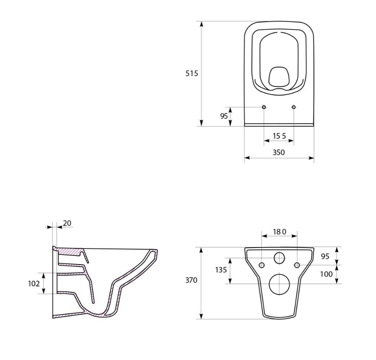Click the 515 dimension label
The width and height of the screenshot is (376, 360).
coord(192,73)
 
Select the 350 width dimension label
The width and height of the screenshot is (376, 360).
coord(278,152)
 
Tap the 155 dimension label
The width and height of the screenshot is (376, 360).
coord(279,136)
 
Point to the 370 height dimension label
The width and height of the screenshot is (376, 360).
coord(191,280)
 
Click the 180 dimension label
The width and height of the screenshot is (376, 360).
coord(280,232)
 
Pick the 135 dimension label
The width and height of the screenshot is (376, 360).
coord(221,270)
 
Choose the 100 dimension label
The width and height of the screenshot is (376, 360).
coord(326,274)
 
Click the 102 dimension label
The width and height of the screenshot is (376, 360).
coord(34,283)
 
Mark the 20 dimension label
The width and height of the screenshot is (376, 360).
coord(67,223)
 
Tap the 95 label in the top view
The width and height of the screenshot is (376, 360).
coord(224,116)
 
